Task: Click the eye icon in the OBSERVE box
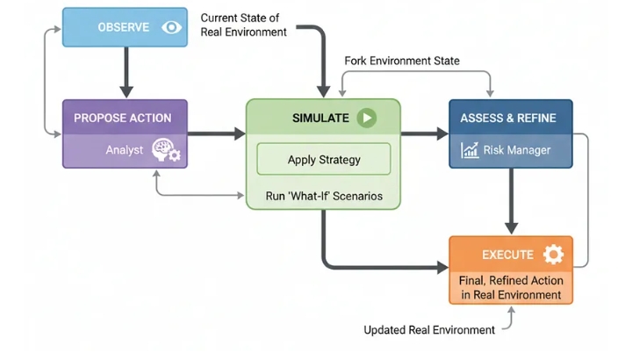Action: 171,27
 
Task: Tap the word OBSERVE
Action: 124,27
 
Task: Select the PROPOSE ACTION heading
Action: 123,118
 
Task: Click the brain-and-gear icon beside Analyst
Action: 164,150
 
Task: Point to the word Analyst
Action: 125,150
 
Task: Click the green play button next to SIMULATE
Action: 367,118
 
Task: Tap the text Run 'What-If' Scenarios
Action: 323,196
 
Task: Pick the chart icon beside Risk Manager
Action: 470,150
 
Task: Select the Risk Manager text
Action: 517,150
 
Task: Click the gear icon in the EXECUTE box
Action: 552,255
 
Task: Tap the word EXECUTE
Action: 507,255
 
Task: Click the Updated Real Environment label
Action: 429,330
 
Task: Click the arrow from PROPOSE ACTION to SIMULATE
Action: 217,134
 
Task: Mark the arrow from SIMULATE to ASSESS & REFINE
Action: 425,134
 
